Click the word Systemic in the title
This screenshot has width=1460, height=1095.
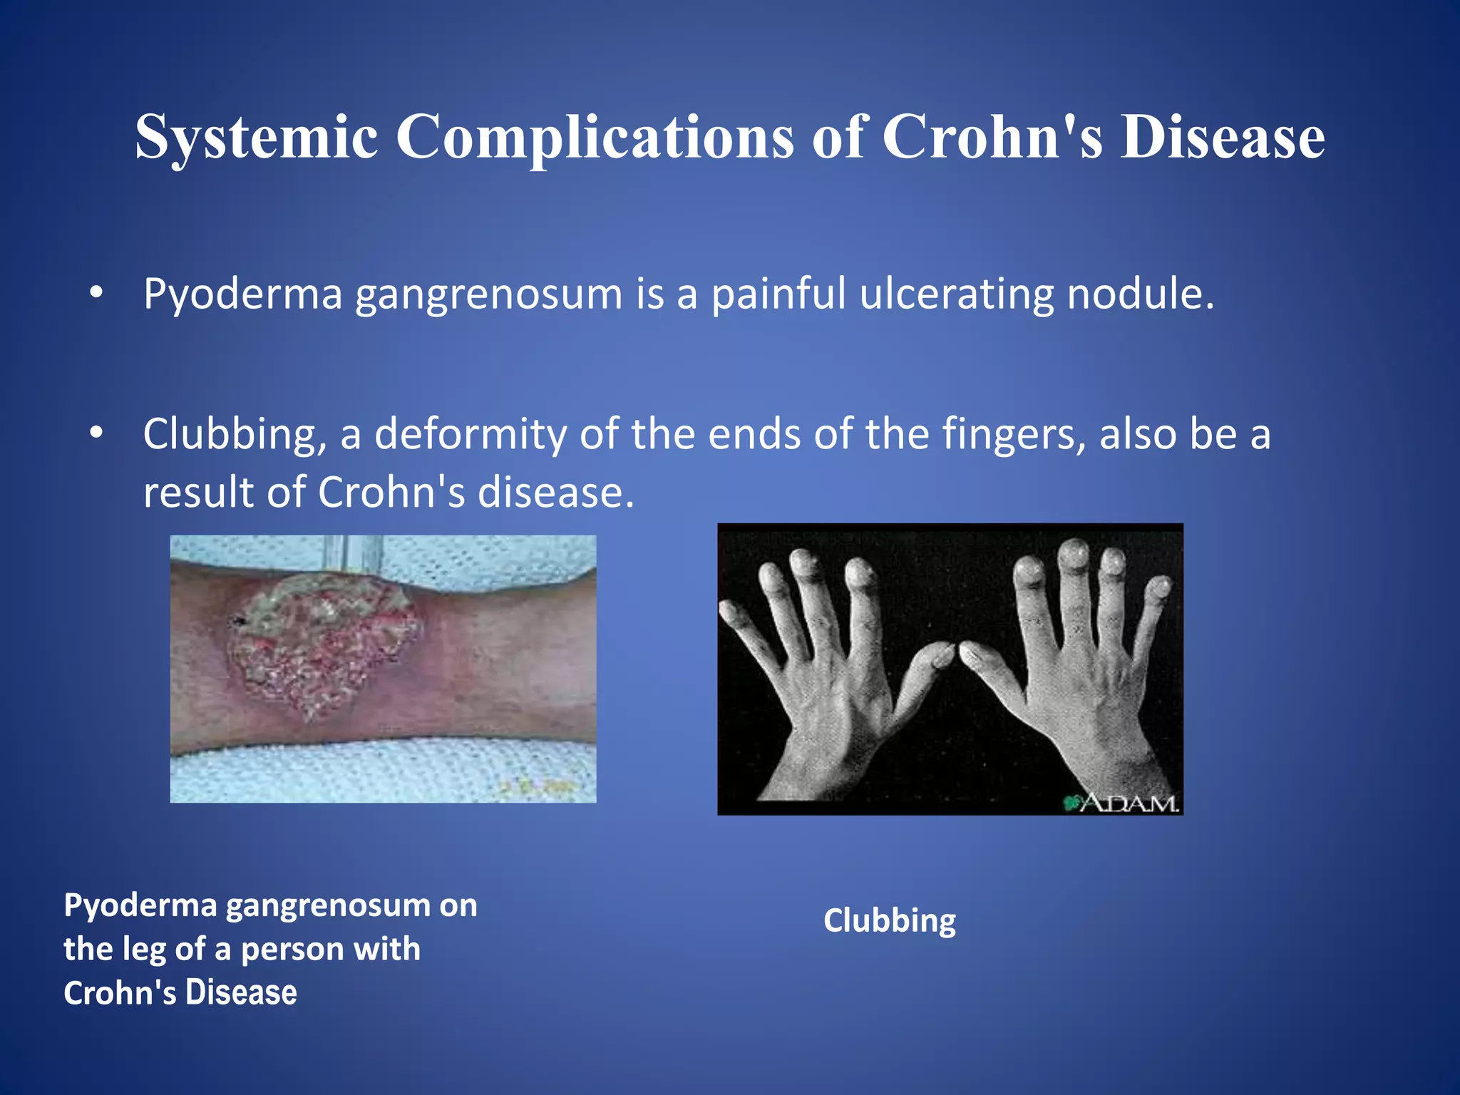coord(257,137)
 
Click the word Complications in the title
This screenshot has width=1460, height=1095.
coord(595,137)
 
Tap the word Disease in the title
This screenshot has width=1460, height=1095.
coord(1222,137)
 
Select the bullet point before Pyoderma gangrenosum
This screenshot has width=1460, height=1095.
coord(96,292)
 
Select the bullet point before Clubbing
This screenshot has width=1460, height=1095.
coord(96,433)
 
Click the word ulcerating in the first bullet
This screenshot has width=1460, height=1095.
coord(956,294)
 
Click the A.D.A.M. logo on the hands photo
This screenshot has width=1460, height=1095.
coord(1123,803)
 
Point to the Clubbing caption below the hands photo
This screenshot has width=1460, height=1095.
coord(889,920)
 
